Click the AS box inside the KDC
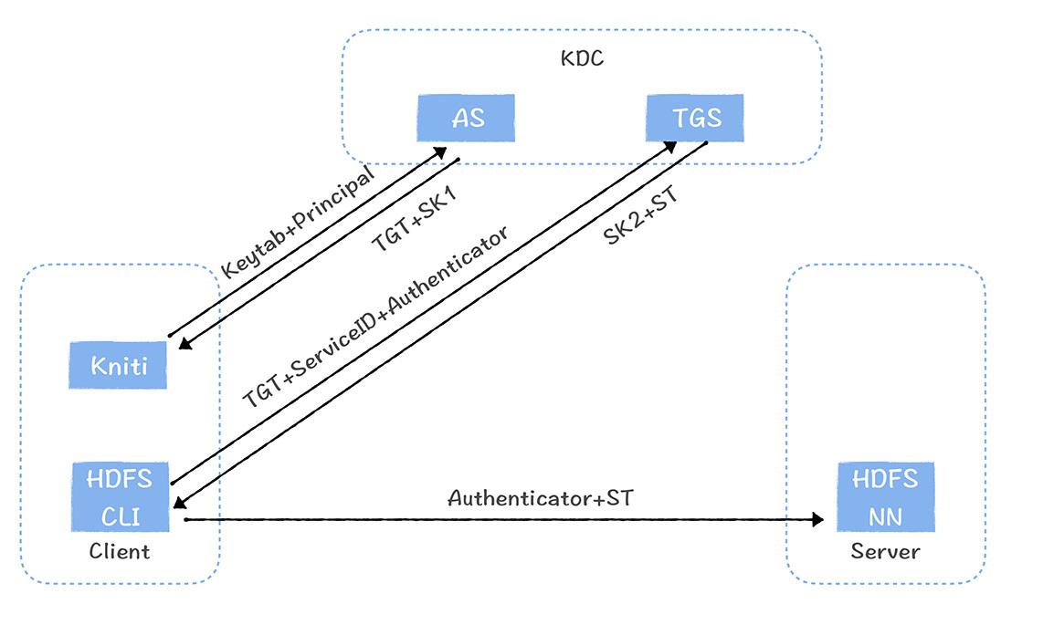(466, 118)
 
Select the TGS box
(696, 118)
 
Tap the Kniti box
(119, 366)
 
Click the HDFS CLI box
(121, 496)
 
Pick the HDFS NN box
(886, 496)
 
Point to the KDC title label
(582, 59)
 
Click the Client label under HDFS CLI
(120, 551)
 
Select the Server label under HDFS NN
(885, 551)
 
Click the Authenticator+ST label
(540, 498)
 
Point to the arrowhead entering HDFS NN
(817, 519)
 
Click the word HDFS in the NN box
(886, 479)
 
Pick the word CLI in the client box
(120, 516)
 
